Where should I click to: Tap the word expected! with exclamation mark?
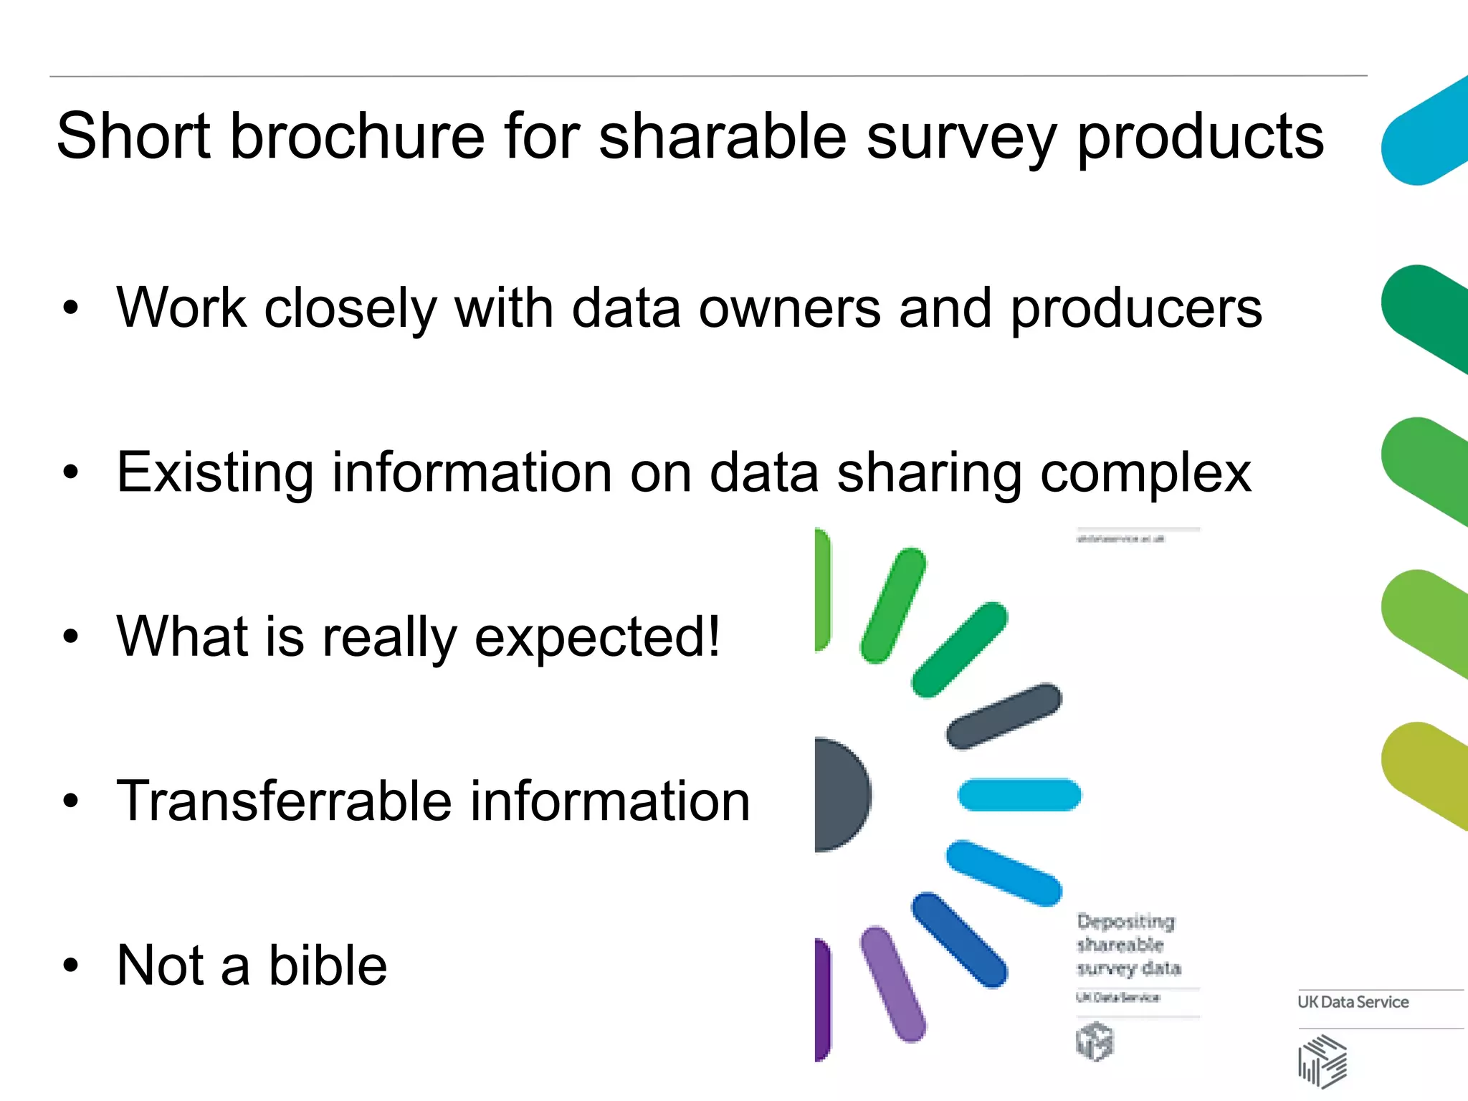click(x=597, y=638)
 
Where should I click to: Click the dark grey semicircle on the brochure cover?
click(x=840, y=794)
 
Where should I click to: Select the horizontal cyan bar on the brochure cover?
click(x=1019, y=795)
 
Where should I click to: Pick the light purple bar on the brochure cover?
click(x=892, y=983)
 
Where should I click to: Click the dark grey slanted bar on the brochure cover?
click(x=1004, y=716)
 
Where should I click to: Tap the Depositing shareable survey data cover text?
click(x=1128, y=944)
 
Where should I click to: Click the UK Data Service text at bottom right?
click(x=1353, y=1002)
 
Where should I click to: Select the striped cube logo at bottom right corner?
click(x=1322, y=1062)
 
